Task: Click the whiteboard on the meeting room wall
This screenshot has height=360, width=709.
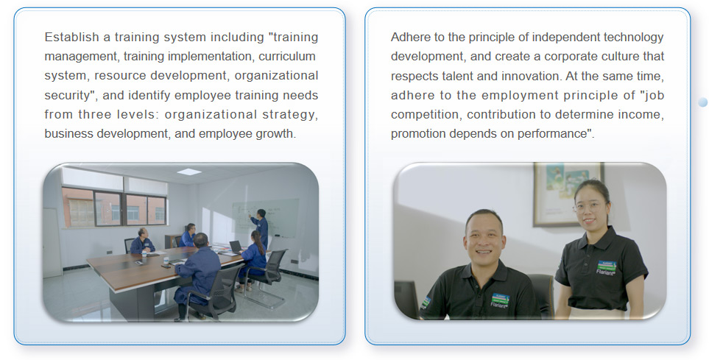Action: click(x=266, y=217)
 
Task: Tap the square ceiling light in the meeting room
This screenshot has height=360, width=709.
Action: click(x=189, y=172)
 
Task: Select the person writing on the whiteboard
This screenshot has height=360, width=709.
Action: click(x=260, y=227)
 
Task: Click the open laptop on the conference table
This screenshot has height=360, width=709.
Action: click(x=235, y=247)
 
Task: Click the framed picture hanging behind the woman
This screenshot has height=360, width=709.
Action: click(x=568, y=194)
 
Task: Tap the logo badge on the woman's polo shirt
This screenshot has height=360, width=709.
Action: click(x=606, y=267)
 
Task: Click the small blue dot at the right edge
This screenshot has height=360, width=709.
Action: click(x=702, y=102)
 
